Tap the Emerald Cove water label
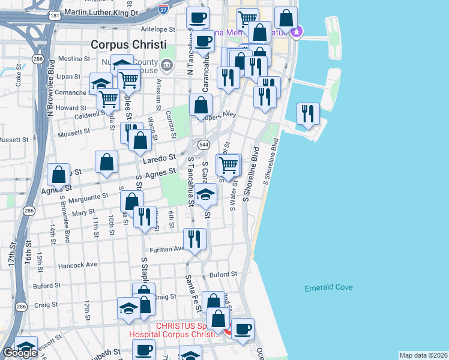pos(328,287)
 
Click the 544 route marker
pos(204,145)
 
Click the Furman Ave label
pos(170,249)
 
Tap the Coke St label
pos(19,79)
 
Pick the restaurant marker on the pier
pos(308,113)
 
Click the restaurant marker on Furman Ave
pos(194,239)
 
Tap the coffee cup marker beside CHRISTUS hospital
pos(243,329)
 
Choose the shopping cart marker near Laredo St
pos(228,165)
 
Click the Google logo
pos(20,353)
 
